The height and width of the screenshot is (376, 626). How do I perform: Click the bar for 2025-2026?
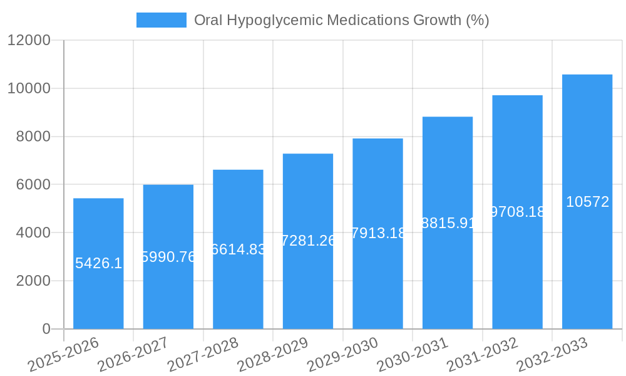point(98,295)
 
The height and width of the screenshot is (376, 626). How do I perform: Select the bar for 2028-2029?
point(308,282)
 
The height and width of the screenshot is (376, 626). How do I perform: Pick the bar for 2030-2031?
point(448,276)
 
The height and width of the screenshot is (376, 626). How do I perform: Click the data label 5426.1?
point(98,263)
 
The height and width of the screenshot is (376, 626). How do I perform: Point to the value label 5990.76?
point(168,257)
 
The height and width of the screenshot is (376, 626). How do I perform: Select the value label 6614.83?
point(238,249)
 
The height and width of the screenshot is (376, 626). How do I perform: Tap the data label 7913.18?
point(378,233)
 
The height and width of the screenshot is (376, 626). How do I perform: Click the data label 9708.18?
point(518,212)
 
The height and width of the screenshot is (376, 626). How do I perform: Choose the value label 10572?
point(587,202)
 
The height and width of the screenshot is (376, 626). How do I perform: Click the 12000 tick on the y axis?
point(29,40)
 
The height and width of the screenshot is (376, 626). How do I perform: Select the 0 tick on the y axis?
point(46,329)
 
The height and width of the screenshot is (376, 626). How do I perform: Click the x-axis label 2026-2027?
point(133,354)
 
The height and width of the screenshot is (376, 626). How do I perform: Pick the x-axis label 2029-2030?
point(342,354)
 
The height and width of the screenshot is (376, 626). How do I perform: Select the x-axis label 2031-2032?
point(482,354)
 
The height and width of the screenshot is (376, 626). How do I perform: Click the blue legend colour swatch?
point(162,20)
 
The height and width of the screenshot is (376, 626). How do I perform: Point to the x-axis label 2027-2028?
point(203,354)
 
